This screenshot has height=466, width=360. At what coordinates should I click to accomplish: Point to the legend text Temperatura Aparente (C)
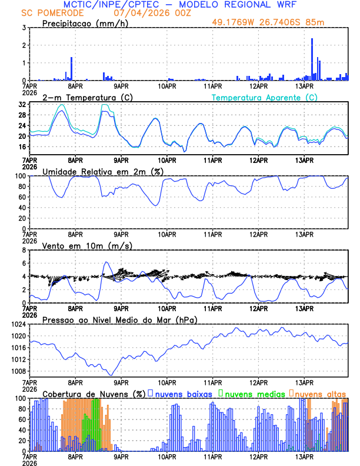(x=265, y=97)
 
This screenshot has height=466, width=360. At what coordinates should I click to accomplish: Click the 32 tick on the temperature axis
(x=21, y=104)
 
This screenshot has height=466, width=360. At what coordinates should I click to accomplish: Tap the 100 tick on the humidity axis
(x=19, y=176)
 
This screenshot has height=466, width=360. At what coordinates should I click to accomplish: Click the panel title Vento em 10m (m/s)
(x=87, y=245)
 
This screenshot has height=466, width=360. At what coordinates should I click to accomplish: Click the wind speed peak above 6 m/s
(x=106, y=262)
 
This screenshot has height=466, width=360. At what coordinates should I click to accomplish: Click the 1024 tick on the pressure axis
(x=17, y=324)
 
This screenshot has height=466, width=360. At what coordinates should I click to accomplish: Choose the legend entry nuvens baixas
(x=183, y=394)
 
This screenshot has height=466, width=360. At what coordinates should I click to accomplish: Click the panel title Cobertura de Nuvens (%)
(x=94, y=394)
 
